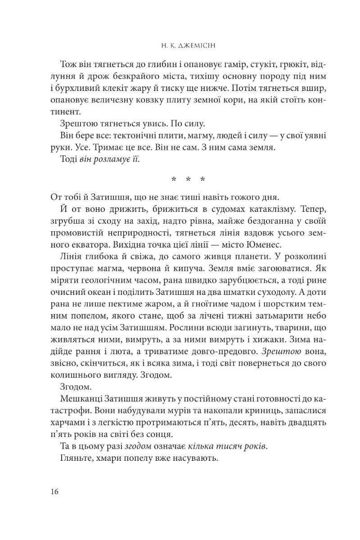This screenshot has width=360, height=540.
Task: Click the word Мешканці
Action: click(80, 398)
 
